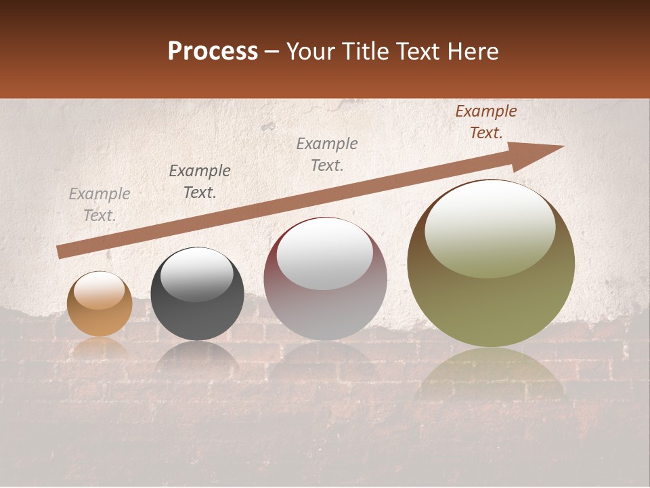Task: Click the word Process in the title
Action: click(x=213, y=52)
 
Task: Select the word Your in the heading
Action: click(x=311, y=52)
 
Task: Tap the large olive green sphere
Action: click(x=491, y=285)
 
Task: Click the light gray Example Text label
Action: click(x=100, y=205)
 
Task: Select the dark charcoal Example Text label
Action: click(x=200, y=182)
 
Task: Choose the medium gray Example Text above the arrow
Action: click(x=327, y=155)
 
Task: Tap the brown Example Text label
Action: click(x=485, y=122)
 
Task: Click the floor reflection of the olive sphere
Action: click(x=491, y=376)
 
